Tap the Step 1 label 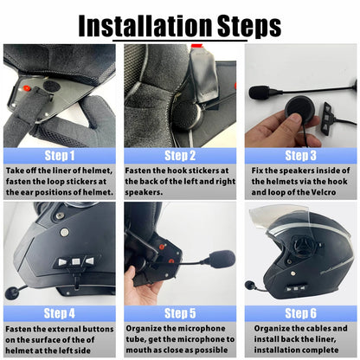tap(59, 156)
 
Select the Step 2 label tap(180, 156)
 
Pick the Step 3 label tap(300, 156)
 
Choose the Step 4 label tap(59, 312)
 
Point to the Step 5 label tap(180, 312)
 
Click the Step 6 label tap(300, 312)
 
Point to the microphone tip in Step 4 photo tap(11, 292)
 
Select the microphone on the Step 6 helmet tap(251, 284)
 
